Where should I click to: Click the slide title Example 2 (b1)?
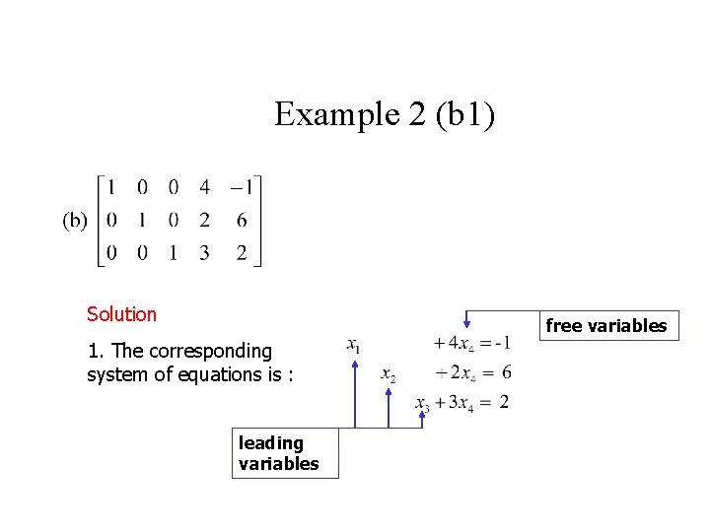coord(385,114)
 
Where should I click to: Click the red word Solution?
coord(121,314)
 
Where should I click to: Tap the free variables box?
coord(605,326)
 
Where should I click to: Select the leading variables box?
coord(285,453)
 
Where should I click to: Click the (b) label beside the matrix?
coord(75,221)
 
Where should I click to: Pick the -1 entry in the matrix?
coord(241,187)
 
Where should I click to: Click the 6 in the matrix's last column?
coord(242,221)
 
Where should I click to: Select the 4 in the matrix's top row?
coord(204,187)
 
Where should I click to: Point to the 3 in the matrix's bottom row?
coord(204,253)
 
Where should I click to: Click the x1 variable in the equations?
coord(353,345)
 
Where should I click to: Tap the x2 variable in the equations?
coord(388,375)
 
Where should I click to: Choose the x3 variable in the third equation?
coord(422,403)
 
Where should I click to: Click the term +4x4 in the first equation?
coord(454,344)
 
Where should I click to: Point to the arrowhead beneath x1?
coord(355,364)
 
